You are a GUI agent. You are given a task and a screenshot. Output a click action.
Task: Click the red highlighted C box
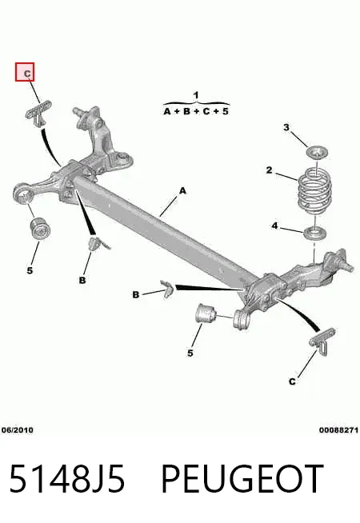25,72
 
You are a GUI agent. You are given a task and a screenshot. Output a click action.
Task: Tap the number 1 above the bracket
196,95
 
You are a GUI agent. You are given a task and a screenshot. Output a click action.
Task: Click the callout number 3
286,127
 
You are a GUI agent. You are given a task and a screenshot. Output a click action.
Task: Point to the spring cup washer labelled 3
318,153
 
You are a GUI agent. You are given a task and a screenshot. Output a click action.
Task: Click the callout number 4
274,226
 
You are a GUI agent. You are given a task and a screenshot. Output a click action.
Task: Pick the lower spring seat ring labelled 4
314,234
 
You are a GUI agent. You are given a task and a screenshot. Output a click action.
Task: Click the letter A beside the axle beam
182,191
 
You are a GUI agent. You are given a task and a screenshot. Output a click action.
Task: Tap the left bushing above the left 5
40,229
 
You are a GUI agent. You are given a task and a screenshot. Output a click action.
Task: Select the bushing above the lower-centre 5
206,313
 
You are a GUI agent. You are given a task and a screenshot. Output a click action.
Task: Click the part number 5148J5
67,478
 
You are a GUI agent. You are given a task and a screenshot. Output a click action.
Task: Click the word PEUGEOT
242,478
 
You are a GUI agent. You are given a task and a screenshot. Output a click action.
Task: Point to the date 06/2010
18,430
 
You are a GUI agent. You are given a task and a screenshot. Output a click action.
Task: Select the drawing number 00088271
338,430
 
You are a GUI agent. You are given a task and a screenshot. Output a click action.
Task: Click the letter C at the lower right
292,381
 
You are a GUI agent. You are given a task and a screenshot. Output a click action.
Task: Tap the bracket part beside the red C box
38,113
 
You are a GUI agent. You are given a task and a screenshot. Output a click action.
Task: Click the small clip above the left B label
98,243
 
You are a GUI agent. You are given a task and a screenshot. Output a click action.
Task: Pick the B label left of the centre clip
136,295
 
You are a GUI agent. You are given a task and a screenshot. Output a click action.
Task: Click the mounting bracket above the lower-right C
322,339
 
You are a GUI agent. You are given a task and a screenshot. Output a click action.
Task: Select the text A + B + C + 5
196,111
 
